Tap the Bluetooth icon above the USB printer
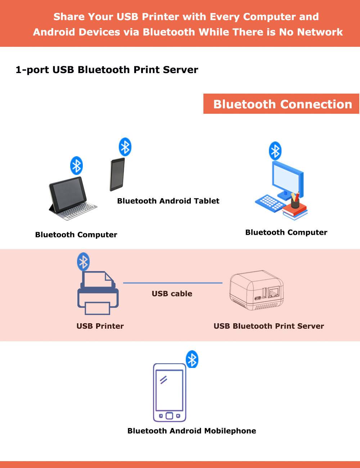83,262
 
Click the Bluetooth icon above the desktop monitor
275,151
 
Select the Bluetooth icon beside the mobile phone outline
192,359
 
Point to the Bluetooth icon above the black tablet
125,147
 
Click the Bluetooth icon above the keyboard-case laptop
76,166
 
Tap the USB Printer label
100,326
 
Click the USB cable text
172,294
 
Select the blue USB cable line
173,283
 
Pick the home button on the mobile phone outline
169,416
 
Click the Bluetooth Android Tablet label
168,201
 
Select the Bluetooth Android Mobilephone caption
192,431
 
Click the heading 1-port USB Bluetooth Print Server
107,70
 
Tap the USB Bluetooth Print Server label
269,326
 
